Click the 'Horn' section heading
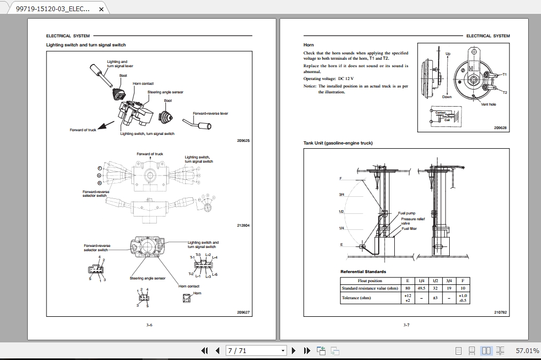click(308, 45)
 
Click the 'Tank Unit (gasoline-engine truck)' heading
click(338, 143)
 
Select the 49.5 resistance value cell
click(421, 288)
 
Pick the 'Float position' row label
click(370, 281)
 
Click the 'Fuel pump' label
click(407, 213)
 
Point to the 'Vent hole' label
click(488, 105)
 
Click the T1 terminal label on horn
click(505, 75)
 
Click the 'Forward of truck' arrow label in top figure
click(83, 130)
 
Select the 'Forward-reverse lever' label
click(210, 113)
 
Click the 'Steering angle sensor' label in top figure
click(165, 92)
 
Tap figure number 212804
click(243, 225)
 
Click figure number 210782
click(500, 312)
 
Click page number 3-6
click(149, 325)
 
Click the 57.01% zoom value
click(527, 350)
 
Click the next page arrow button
click(293, 350)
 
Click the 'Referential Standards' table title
click(363, 271)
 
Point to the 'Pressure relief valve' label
click(412, 221)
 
